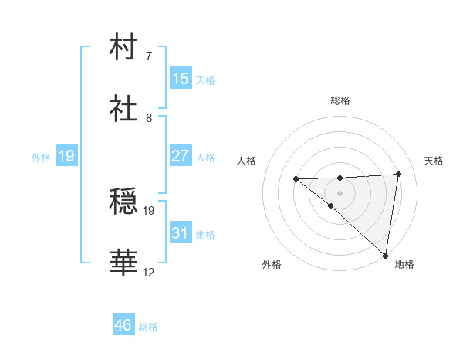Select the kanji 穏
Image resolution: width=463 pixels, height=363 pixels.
[124, 202]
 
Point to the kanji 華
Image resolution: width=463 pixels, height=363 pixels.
[124, 263]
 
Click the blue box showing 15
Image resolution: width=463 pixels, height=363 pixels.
[181, 79]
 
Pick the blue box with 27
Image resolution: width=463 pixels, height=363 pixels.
[181, 156]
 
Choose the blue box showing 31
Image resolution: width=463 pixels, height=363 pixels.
[181, 233]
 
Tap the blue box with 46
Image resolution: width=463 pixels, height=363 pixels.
[123, 325]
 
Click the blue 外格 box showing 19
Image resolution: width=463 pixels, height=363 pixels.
[66, 157]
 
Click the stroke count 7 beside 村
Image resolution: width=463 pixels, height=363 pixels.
[149, 56]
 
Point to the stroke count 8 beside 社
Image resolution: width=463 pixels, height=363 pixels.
[149, 118]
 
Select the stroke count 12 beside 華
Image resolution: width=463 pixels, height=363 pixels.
[149, 272]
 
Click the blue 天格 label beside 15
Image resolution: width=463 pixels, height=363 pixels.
[205, 80]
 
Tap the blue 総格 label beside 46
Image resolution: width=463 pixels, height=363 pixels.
[148, 326]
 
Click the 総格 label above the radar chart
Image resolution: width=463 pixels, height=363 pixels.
[340, 100]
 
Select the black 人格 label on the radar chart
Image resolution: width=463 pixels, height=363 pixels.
[247, 161]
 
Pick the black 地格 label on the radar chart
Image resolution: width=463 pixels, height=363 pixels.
[404, 264]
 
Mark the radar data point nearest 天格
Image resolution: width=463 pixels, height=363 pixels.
[398, 175]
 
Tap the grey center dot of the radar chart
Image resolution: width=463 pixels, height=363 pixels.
[340, 193]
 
